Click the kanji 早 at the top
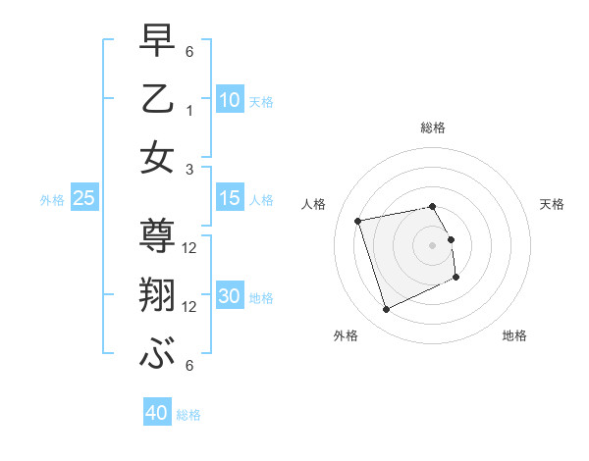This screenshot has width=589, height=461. coord(158,41)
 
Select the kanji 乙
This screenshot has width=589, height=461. coord(158,99)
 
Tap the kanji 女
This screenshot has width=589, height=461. coord(158,157)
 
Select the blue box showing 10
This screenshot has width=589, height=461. coord(230,99)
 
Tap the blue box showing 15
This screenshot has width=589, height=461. coord(230,198)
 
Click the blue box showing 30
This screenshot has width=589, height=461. coord(230,296)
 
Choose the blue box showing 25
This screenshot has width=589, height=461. coord(83,198)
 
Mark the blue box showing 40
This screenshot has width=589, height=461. coord(157,413)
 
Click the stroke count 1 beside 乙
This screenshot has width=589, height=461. coord(190,110)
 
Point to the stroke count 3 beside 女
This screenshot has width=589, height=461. coord(190,168)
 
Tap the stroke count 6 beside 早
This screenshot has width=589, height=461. coord(190,51)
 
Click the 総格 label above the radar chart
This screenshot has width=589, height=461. coord(433,128)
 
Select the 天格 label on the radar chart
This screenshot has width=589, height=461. coord(553,204)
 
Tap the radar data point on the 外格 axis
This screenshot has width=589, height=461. coord(386,310)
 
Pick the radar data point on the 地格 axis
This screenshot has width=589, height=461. coord(457,278)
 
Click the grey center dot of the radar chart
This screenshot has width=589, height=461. coord(433,244)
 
